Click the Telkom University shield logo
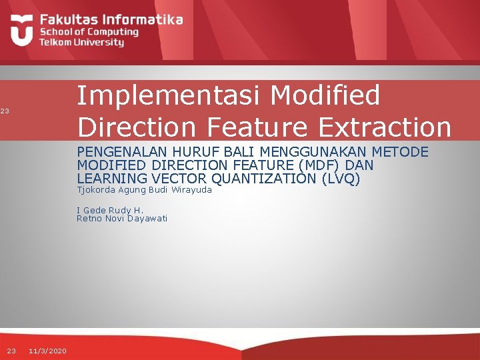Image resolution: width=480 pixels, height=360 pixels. (x=22, y=30)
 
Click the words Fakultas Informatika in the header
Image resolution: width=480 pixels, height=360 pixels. (x=111, y=19)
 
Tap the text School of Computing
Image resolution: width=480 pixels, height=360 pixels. (x=89, y=31)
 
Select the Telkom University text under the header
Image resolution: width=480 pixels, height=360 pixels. (x=81, y=42)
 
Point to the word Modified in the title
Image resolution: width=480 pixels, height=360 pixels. (x=327, y=95)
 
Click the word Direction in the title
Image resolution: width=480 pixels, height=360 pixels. (x=135, y=126)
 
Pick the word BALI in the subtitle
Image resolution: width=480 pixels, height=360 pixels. (x=225, y=152)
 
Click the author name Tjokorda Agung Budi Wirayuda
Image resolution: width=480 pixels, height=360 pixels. (x=144, y=190)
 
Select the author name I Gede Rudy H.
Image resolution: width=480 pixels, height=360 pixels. (x=110, y=210)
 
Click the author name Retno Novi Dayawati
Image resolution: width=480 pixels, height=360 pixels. (x=122, y=219)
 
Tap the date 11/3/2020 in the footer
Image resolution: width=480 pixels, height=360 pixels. (x=47, y=351)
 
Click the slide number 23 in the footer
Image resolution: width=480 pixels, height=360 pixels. (x=11, y=351)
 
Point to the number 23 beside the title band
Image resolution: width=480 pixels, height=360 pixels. (x=4, y=111)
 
